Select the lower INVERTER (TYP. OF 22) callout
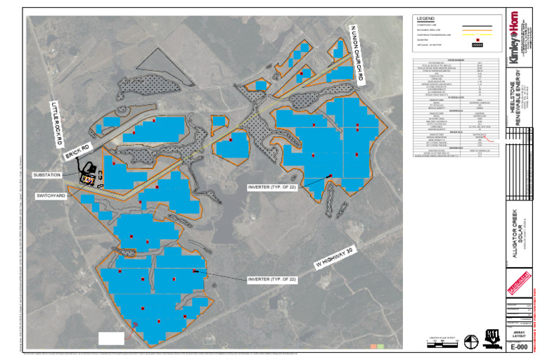276,278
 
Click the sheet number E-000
519,347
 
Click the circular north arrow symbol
472,341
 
